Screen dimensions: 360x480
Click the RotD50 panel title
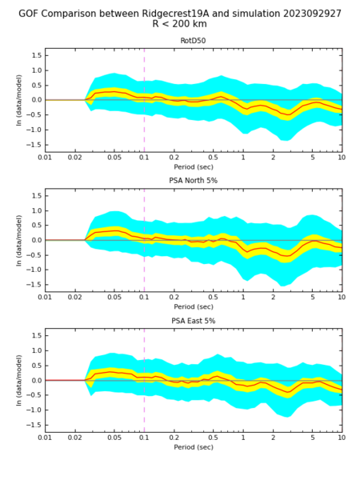coord(193,41)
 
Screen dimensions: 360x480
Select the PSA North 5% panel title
coord(193,181)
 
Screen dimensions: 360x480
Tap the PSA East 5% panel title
coord(193,321)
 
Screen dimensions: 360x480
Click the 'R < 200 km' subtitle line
coord(180,24)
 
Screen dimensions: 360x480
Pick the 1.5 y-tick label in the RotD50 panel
coord(36,55)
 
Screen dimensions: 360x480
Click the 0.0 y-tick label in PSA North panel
coord(36,240)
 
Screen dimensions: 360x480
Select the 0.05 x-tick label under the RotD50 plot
coord(114,158)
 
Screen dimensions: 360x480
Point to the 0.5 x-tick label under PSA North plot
coord(213,298)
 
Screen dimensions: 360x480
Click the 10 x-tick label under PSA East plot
coord(342,438)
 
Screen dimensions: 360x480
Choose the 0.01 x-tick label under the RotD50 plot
coord(45,158)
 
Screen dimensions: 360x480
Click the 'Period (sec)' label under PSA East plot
coord(194,447)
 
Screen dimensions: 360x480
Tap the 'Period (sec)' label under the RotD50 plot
coord(194,167)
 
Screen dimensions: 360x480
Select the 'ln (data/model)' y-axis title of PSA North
coord(19,240)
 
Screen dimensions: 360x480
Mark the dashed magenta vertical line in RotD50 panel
coord(144,100)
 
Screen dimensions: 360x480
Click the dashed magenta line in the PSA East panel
coord(144,381)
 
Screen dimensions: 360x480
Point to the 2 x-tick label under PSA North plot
coord(273,298)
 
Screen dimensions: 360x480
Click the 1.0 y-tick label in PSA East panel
coord(36,350)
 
